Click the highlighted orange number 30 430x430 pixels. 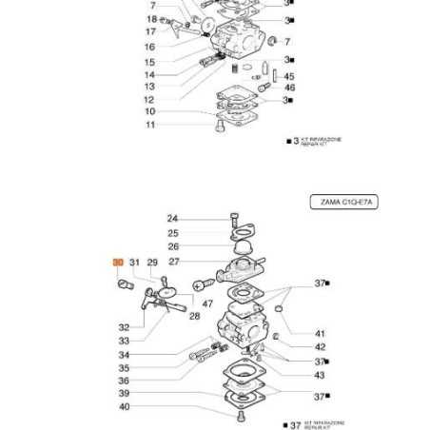click(118, 262)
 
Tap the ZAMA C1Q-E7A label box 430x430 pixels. click(343, 202)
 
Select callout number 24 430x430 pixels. click(172, 220)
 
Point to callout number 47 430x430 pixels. click(208, 304)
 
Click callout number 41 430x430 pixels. click(320, 334)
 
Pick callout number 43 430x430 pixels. click(320, 374)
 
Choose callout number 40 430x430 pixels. click(124, 407)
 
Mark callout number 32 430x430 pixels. click(124, 327)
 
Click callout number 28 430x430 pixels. click(194, 316)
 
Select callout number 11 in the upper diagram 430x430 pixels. click(149, 125)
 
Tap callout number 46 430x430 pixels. click(289, 88)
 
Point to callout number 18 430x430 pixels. click(151, 19)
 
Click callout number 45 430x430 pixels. click(289, 76)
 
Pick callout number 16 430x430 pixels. click(149, 47)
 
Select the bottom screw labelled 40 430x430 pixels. click(240, 417)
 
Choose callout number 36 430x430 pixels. click(124, 381)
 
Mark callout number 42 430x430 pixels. click(320, 347)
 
